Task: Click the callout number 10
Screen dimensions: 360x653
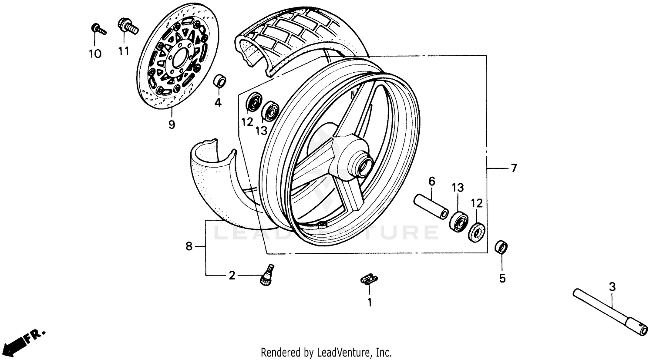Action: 95,54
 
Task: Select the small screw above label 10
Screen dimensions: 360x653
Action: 98,30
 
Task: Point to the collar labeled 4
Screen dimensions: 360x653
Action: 219,81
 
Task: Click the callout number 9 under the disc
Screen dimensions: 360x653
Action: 172,124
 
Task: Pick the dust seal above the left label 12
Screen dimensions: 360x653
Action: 253,103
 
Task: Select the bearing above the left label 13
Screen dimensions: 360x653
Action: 270,111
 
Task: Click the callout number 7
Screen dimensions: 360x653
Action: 514,168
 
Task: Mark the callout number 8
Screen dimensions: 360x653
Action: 188,246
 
